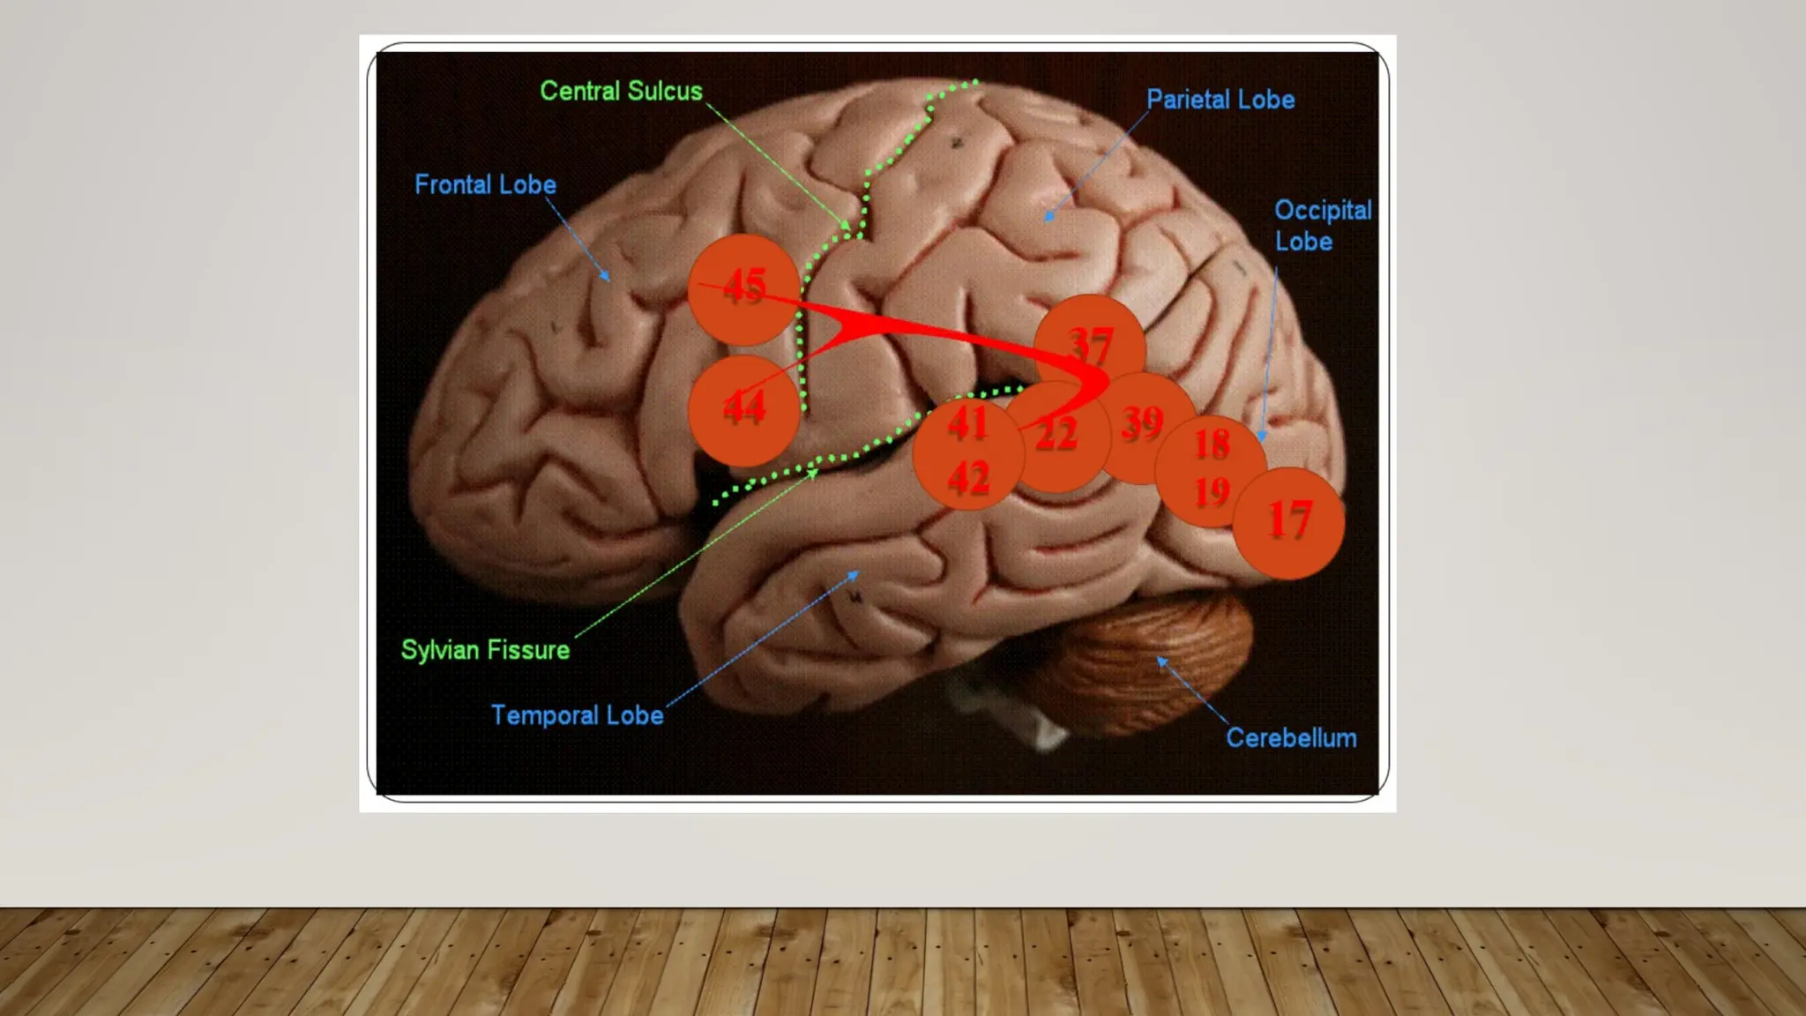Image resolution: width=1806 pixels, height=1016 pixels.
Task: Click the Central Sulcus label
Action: click(x=621, y=91)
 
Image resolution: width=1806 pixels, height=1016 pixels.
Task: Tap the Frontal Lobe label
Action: click(x=485, y=184)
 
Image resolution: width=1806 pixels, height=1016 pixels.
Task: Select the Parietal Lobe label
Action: click(x=1220, y=100)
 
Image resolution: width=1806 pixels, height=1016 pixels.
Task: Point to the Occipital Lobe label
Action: click(x=1322, y=226)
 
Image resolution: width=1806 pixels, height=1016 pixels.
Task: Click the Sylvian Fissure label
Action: click(x=485, y=650)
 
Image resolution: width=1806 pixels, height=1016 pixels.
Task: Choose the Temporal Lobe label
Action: click(x=577, y=714)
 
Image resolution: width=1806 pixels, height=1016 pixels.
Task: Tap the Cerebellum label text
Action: click(x=1291, y=737)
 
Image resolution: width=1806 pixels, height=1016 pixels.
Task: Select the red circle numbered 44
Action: click(x=743, y=410)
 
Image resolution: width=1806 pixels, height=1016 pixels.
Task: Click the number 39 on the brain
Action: click(x=1143, y=423)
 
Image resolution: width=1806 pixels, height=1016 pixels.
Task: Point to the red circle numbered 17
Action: click(x=1289, y=522)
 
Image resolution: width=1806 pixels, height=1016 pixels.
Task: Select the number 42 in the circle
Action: click(x=968, y=479)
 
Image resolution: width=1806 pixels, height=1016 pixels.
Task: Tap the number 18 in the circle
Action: click(x=1212, y=444)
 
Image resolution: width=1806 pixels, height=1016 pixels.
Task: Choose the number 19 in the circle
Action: click(x=1212, y=492)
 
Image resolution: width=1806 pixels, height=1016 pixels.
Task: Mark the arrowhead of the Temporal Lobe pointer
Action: click(x=854, y=574)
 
